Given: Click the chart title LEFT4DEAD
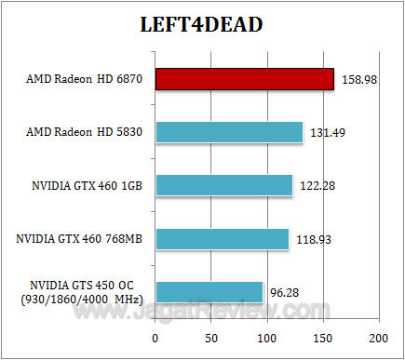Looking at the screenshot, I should pyautogui.click(x=202, y=24).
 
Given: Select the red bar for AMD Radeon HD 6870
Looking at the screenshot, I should pyautogui.click(x=244, y=78).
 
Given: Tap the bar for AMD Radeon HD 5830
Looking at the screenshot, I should pyautogui.click(x=229, y=131).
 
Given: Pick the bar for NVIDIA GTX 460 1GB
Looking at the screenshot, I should pyautogui.click(x=223, y=184).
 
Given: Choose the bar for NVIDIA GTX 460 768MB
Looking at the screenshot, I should pyautogui.click(x=222, y=238).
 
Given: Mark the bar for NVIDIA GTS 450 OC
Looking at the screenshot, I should pyautogui.click(x=209, y=291).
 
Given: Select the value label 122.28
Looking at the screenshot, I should pyautogui.click(x=317, y=185).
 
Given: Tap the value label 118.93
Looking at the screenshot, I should pyautogui.click(x=314, y=239).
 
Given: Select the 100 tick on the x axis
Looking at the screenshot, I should pyautogui.click(x=266, y=338).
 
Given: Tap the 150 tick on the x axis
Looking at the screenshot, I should pyautogui.click(x=323, y=338).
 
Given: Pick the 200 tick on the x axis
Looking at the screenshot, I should pyautogui.click(x=378, y=338).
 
